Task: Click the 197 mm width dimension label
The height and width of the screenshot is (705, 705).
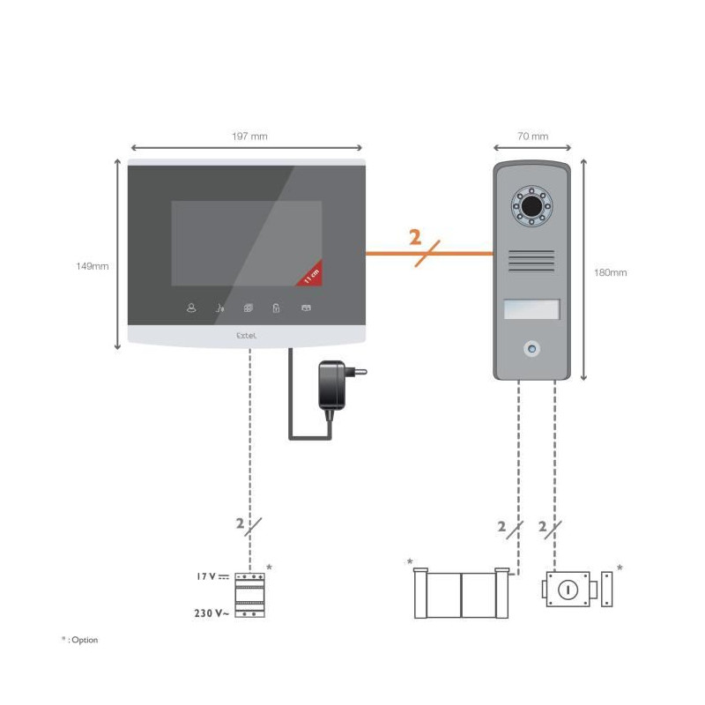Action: [x=249, y=137]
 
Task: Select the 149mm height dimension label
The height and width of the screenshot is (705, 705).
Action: [x=93, y=266]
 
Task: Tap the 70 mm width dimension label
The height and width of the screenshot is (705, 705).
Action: [x=533, y=137]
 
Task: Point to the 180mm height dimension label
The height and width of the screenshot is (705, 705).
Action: [x=610, y=272]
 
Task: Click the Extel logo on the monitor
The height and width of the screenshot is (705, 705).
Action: [x=247, y=336]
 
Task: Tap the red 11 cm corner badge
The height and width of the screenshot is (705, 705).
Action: [x=311, y=275]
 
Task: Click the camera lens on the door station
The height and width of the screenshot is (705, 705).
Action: [x=532, y=206]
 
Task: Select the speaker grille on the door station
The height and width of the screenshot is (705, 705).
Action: [x=531, y=261]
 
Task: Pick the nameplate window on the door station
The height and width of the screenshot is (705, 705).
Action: [x=532, y=309]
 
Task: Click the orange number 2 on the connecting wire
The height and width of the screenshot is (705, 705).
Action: [x=415, y=237]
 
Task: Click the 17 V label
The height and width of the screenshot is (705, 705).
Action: [x=212, y=576]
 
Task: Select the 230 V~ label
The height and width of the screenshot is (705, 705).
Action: [x=211, y=613]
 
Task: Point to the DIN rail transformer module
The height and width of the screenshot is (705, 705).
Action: [x=250, y=594]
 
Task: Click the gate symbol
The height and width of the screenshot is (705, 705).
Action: [x=462, y=593]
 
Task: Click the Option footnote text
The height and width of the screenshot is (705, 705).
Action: [x=80, y=640]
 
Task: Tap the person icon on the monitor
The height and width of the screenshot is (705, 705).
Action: [x=191, y=308]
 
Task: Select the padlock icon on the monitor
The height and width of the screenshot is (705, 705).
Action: [x=276, y=308]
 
